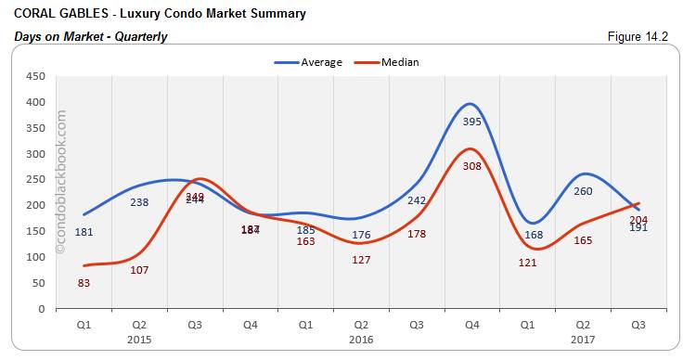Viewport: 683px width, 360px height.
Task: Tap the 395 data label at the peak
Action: pos(471,122)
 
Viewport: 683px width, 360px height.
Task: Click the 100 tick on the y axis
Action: pos(35,257)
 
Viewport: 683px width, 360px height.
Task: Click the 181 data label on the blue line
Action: pos(84,232)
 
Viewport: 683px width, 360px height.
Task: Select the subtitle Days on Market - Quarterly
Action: pos(91,37)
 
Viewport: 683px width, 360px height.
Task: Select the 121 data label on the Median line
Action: pos(527,264)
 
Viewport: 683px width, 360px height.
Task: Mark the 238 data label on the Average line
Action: pos(139,202)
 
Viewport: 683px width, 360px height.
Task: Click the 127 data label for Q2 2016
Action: pos(361,260)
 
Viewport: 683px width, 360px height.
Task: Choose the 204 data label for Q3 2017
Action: pos(638,219)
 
